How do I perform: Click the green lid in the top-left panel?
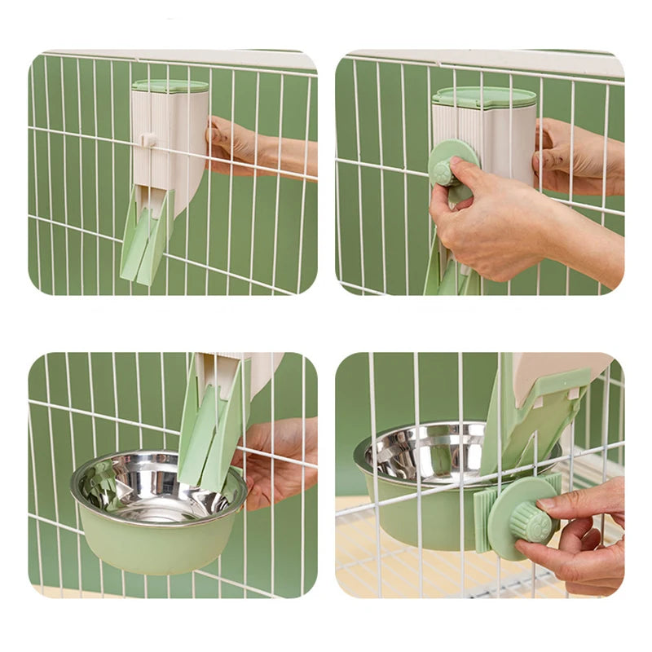pos(170,86)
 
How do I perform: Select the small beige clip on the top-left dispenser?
pos(148,139)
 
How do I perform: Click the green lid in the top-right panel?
pos(484,97)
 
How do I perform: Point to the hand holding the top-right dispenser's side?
pos(579,155)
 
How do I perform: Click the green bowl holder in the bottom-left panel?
pos(159,546)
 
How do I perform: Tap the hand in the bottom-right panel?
pos(579,538)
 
